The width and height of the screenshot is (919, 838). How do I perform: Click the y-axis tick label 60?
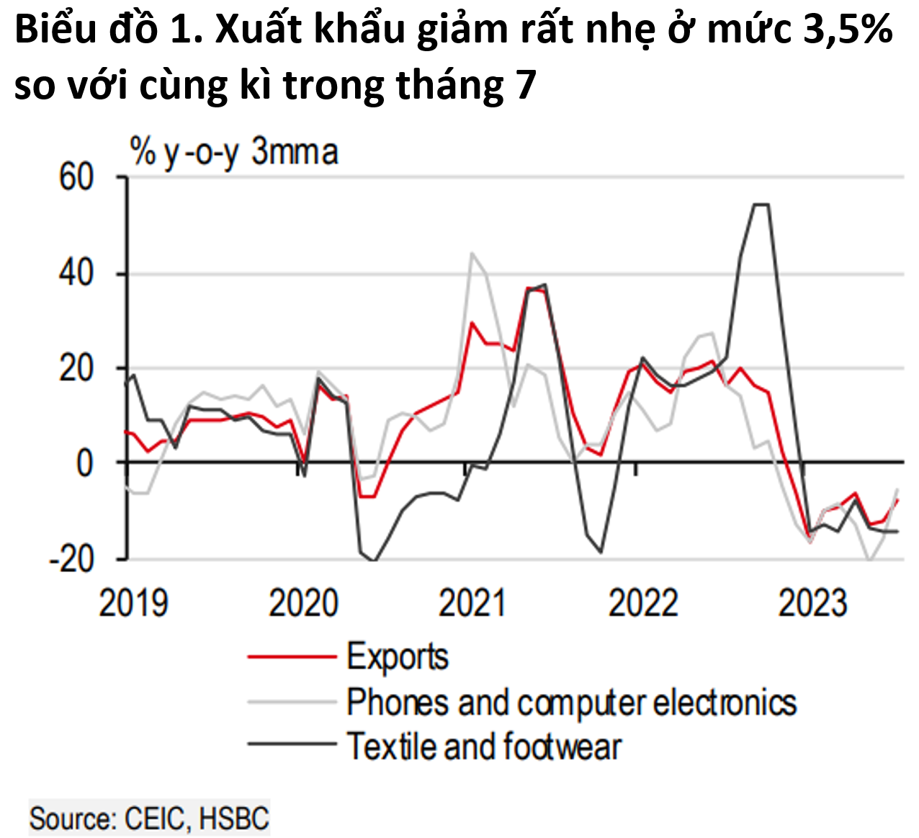[x=76, y=177]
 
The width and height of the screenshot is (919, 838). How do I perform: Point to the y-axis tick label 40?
[x=76, y=273]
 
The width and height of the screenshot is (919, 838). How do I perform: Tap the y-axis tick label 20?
[x=76, y=368]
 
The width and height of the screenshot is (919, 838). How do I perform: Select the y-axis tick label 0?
[x=85, y=463]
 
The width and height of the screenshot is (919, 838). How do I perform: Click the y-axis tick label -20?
[x=71, y=558]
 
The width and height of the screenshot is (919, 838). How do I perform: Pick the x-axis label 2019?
[x=133, y=602]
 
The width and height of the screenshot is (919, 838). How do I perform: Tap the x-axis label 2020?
[x=303, y=602]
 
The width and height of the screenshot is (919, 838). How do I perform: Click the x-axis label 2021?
[x=473, y=602]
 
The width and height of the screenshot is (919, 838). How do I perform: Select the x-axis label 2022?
[x=643, y=602]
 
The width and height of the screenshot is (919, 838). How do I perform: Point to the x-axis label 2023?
[x=813, y=602]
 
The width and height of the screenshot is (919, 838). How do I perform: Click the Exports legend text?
[x=398, y=657]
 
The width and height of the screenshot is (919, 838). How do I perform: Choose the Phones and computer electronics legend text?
[x=572, y=703]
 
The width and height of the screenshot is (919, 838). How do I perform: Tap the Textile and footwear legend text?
[x=484, y=746]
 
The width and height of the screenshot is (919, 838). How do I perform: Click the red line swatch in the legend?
[x=292, y=657]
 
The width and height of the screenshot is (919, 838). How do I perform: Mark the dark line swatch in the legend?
[x=292, y=744]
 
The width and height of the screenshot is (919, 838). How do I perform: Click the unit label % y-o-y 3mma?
[x=234, y=153]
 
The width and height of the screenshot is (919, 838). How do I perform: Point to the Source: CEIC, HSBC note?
[x=149, y=819]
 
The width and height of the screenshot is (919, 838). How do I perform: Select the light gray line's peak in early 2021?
[x=472, y=253]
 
